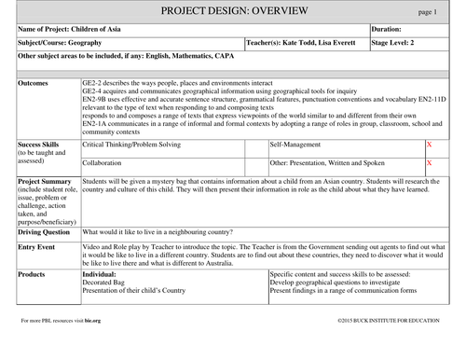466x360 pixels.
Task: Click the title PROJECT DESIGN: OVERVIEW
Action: (232, 10)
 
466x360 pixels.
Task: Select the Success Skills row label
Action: (40, 145)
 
